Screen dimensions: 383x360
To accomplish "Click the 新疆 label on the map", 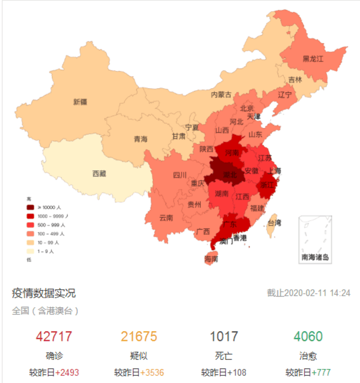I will (80, 102).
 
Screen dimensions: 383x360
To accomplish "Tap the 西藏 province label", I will (99, 174).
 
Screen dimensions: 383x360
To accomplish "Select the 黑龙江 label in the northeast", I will (313, 58).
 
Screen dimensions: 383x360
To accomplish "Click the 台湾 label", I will (274, 223).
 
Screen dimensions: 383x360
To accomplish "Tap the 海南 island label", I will (211, 259).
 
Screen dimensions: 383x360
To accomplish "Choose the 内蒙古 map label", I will (221, 95).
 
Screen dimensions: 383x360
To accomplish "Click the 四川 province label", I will (179, 175).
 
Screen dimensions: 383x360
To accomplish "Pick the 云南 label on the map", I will (166, 217).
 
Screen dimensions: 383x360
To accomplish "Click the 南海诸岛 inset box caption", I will (315, 258).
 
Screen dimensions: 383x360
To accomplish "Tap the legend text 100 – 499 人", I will (52, 234).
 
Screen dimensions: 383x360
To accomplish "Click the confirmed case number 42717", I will (54, 337).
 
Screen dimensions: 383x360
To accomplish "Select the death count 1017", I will (224, 337).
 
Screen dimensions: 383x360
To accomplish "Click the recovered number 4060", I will (307, 337).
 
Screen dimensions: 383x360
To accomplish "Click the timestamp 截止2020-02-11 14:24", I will (308, 293).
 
